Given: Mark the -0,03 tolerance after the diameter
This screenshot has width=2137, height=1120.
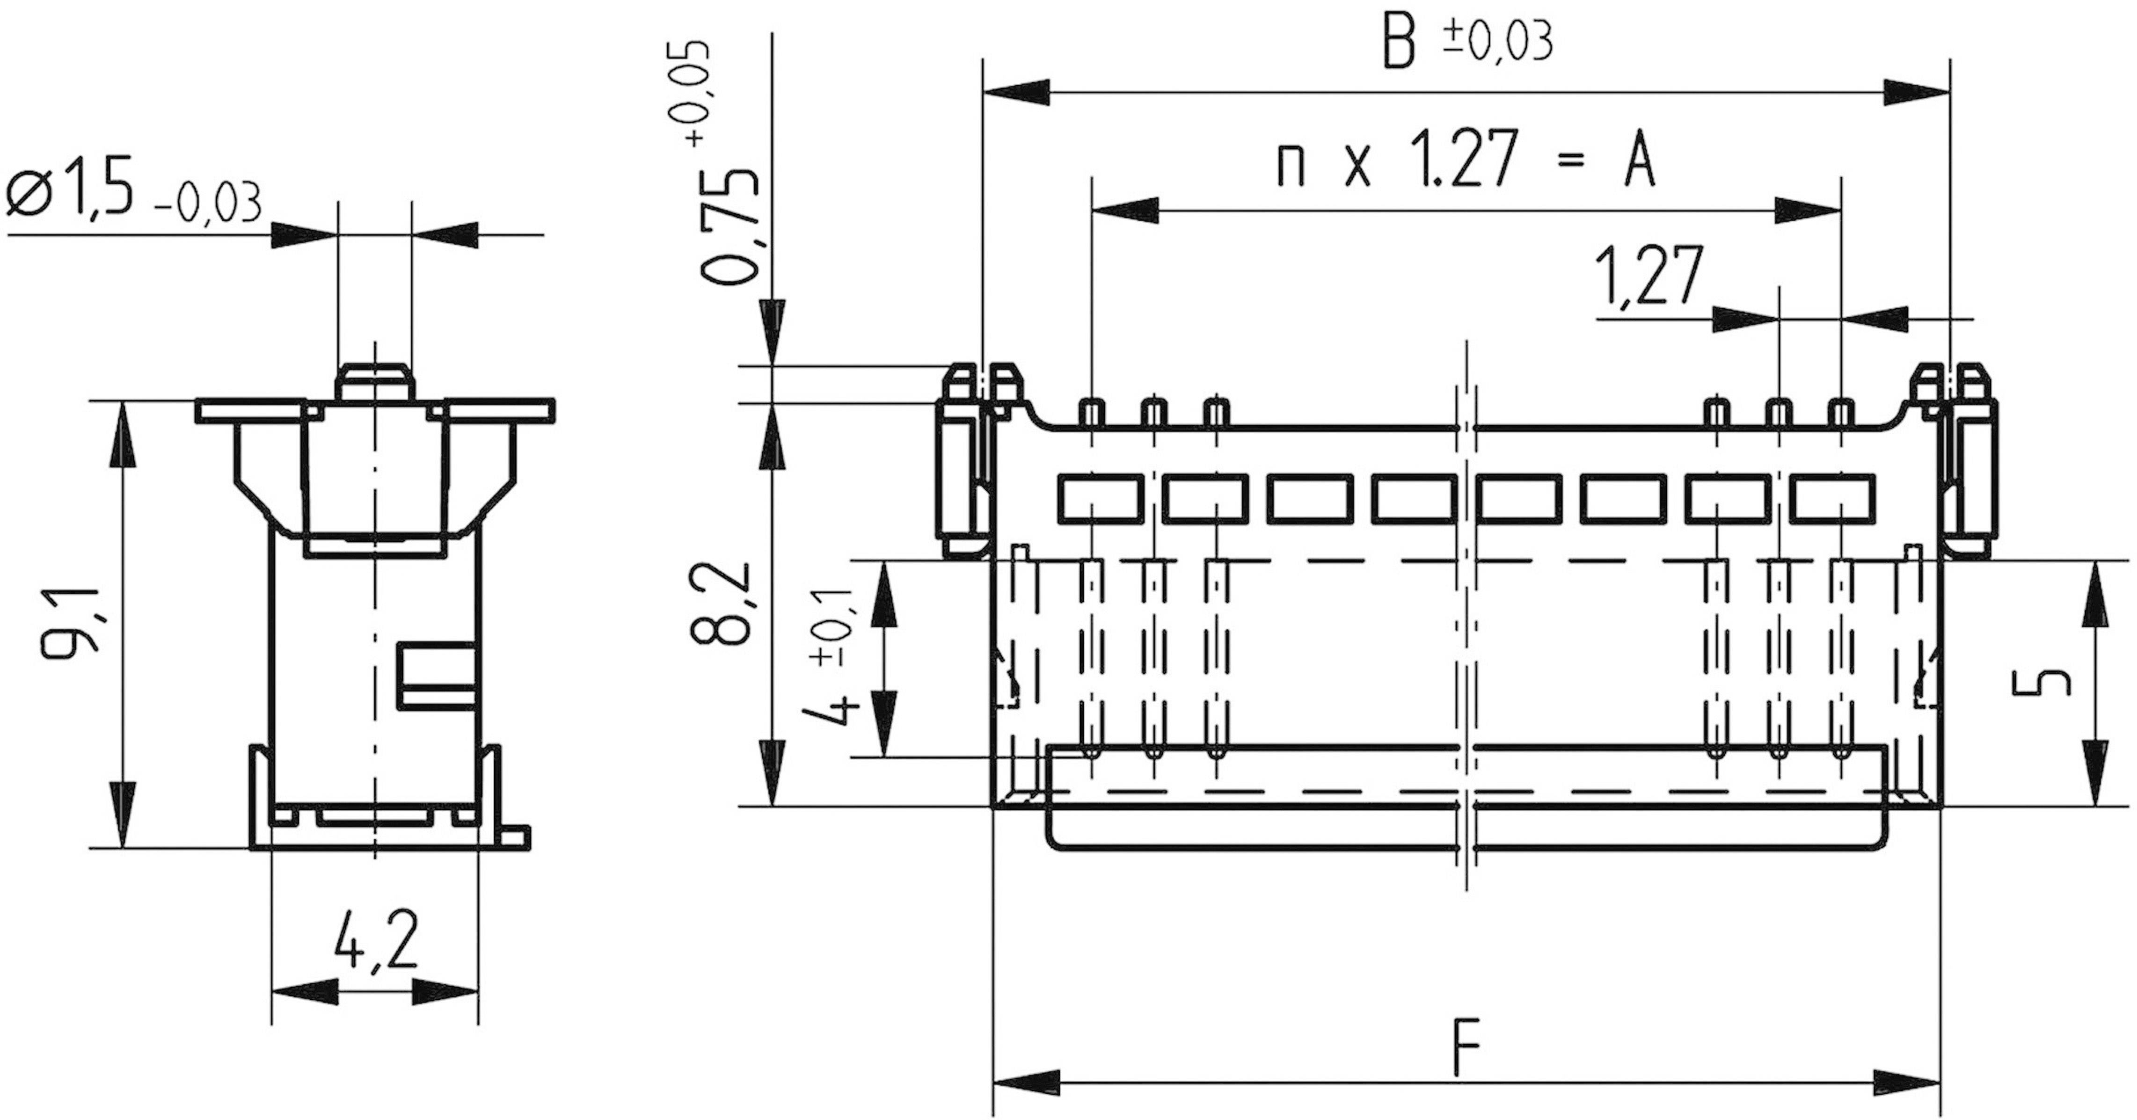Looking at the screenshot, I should pos(207,204).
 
